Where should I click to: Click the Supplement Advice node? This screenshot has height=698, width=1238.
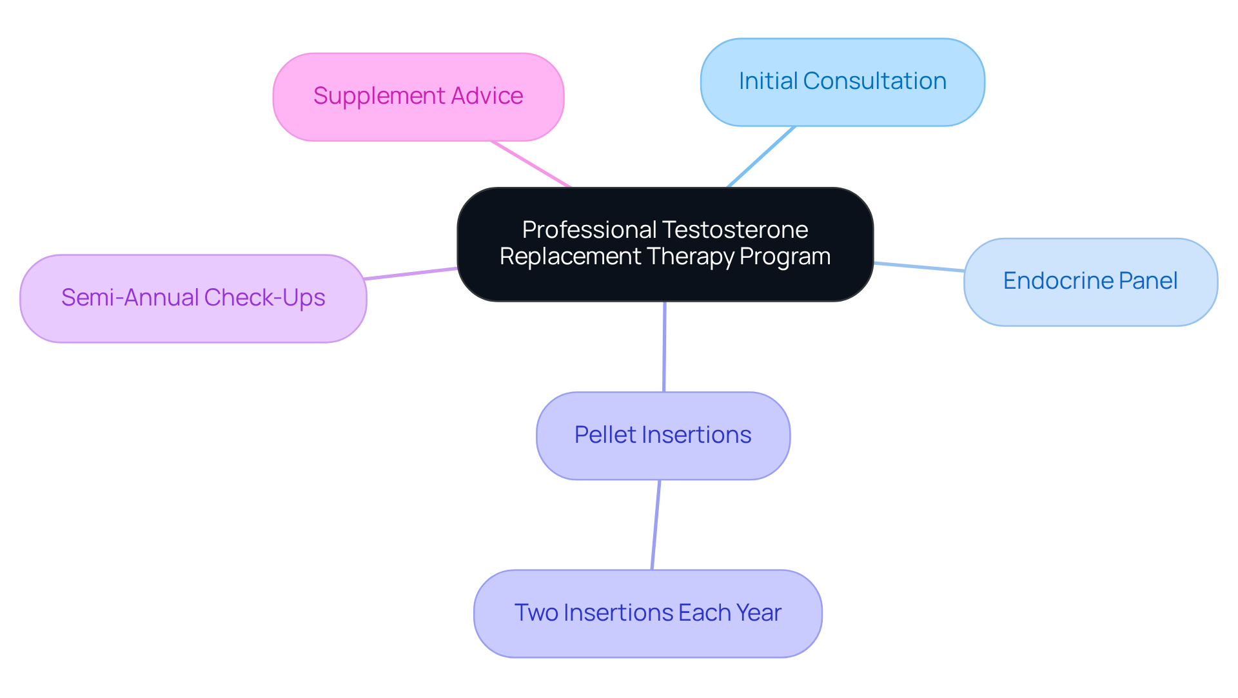click(418, 97)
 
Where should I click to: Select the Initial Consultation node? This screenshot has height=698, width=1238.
click(842, 82)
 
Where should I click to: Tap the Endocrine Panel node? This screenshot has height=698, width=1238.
click(1090, 282)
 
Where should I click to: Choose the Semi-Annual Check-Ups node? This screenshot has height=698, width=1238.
click(193, 298)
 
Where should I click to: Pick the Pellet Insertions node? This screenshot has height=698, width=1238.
click(663, 436)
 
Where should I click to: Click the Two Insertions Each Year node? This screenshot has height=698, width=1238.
click(647, 613)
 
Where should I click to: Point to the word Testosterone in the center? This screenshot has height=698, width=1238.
click(735, 230)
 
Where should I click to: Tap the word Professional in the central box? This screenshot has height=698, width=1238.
click(589, 230)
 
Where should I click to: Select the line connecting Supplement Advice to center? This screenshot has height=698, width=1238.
click(531, 164)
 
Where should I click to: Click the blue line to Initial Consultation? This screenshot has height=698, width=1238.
click(761, 157)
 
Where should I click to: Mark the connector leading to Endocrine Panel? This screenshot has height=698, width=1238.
click(919, 267)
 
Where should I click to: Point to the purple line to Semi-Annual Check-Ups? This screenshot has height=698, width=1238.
click(411, 273)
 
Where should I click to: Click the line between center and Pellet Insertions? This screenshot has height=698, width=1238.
click(664, 346)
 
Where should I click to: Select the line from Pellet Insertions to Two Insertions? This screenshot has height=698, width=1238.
click(656, 525)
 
